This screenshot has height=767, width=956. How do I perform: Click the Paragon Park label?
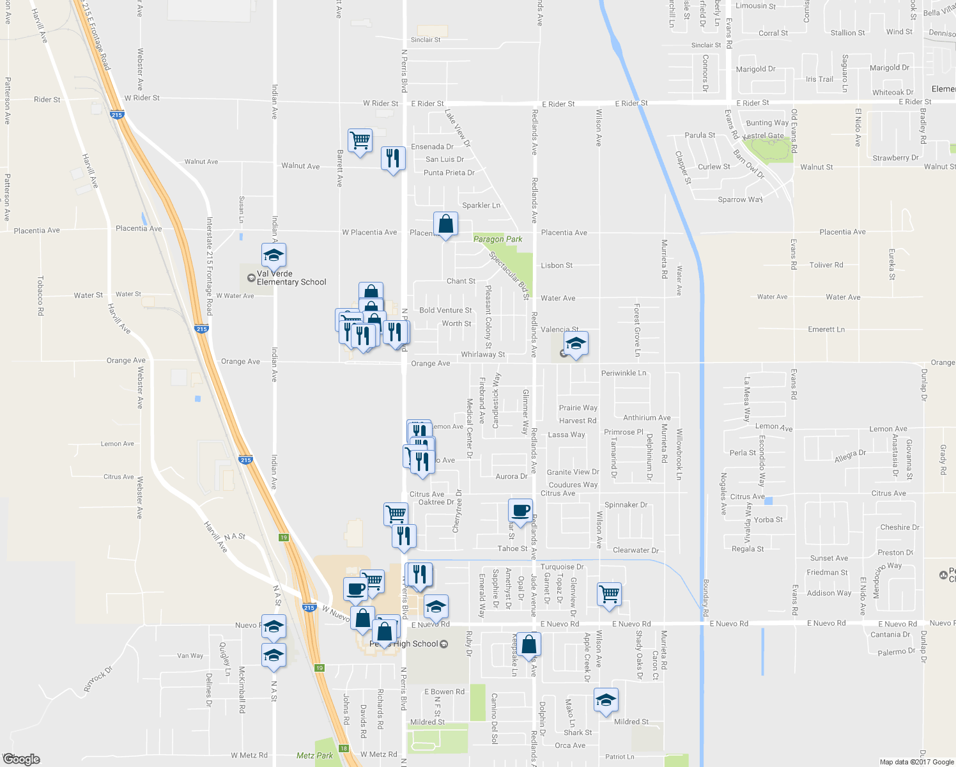(x=498, y=239)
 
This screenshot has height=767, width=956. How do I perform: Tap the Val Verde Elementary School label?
(x=291, y=278)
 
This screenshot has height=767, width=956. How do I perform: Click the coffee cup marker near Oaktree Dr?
(x=521, y=511)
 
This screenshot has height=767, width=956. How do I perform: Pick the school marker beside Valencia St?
(x=575, y=344)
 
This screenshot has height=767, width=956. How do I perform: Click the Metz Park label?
(x=314, y=755)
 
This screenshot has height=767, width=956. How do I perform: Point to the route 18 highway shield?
(x=344, y=748)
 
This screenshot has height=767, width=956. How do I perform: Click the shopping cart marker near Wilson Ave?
(x=609, y=594)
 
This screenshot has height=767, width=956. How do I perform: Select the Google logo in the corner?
(x=21, y=759)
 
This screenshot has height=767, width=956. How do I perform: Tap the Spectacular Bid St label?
(x=509, y=275)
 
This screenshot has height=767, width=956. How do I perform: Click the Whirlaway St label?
(x=483, y=354)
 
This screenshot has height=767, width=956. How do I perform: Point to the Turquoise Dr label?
(x=562, y=567)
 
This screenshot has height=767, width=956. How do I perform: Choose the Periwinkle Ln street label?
(x=624, y=373)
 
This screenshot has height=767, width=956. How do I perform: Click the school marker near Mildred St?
(x=605, y=700)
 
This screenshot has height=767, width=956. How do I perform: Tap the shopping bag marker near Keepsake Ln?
(x=528, y=644)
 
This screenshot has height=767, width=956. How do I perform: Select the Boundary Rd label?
(x=705, y=598)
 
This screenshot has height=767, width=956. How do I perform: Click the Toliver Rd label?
(x=826, y=265)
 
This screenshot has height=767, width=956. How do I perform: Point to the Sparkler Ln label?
(x=481, y=205)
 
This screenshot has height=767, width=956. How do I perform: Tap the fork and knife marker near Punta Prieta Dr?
(x=393, y=158)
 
